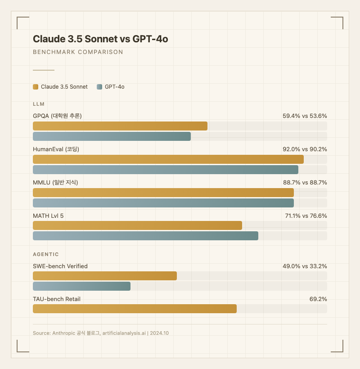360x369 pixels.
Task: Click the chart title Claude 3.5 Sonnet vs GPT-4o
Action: [x=100, y=39]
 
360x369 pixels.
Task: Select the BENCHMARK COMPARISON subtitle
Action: [x=78, y=52]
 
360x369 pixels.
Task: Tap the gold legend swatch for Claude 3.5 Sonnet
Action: [x=36, y=87]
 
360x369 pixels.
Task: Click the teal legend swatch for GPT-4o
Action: [x=99, y=87]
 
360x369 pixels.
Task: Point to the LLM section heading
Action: [x=39, y=104]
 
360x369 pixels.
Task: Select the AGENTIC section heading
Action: [x=46, y=254]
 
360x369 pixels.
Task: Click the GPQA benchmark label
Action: [x=57, y=116]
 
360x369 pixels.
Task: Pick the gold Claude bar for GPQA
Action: [x=120, y=126]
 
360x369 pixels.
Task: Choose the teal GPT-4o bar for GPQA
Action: [x=112, y=136]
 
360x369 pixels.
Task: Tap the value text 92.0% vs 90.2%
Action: [x=305, y=149]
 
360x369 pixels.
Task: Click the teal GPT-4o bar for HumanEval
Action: [x=166, y=170]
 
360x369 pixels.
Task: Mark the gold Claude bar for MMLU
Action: [x=163, y=193]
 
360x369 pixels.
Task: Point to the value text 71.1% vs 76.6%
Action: [x=306, y=216]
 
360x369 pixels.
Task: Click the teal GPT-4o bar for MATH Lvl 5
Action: [x=145, y=236]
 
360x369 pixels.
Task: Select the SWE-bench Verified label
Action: [x=60, y=266]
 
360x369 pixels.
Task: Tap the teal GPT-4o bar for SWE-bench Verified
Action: [x=81, y=286]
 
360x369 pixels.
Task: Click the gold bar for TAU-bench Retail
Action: [x=135, y=309]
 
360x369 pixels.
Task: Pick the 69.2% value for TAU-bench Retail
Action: [x=318, y=299]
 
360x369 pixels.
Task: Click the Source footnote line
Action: [x=100, y=333]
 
